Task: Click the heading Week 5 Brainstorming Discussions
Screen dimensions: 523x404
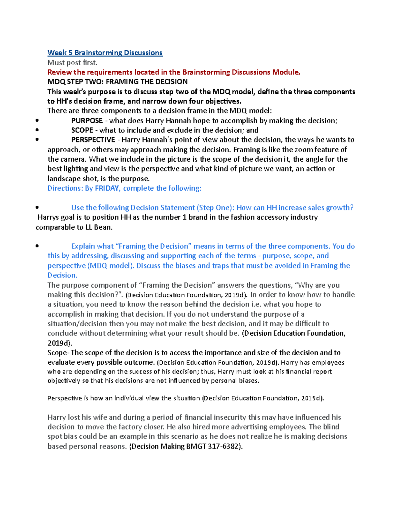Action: coord(105,53)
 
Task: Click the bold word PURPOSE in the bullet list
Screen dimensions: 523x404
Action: coord(87,121)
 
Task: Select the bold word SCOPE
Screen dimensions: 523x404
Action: coord(82,130)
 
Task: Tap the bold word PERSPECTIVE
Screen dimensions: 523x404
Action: coord(93,140)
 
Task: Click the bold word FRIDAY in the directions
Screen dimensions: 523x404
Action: coord(107,188)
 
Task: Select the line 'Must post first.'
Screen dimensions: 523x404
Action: coord(72,63)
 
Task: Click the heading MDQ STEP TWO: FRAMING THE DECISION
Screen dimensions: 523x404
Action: coord(117,82)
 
